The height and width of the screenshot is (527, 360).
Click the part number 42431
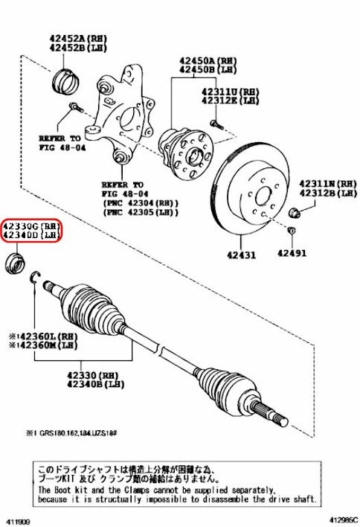click(x=242, y=255)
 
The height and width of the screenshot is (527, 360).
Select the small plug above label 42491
click(x=292, y=232)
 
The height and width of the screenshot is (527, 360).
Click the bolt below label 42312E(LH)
click(x=215, y=122)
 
